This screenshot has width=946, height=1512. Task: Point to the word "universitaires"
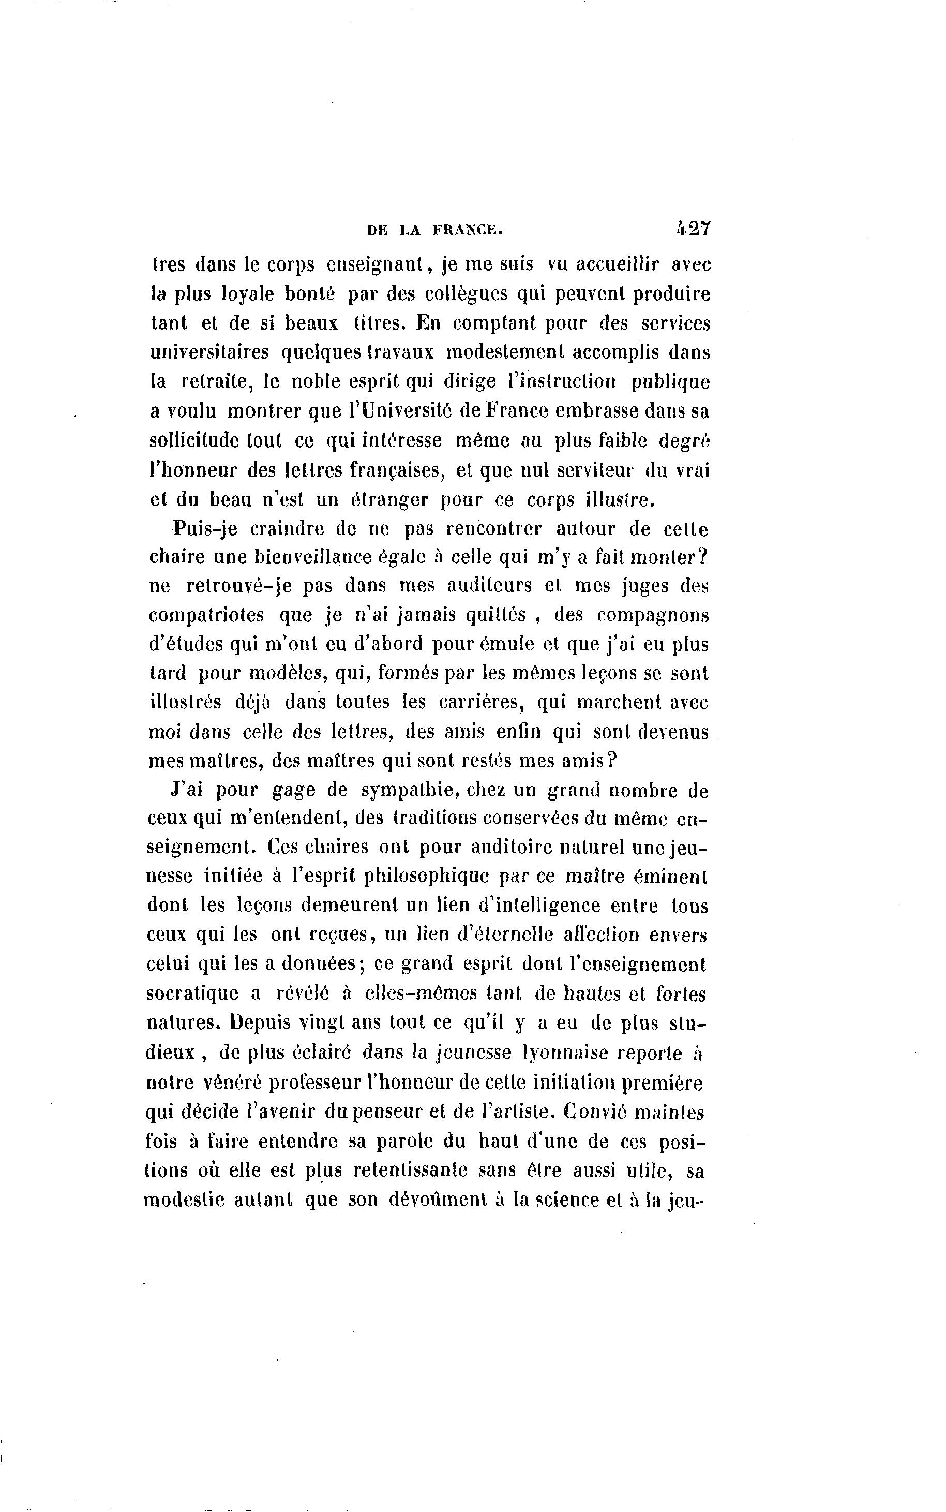(209, 352)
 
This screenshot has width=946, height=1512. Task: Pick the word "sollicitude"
(194, 440)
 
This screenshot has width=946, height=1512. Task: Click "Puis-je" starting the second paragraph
(205, 529)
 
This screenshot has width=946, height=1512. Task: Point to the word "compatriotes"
(206, 615)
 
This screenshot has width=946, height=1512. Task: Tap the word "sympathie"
(411, 791)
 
